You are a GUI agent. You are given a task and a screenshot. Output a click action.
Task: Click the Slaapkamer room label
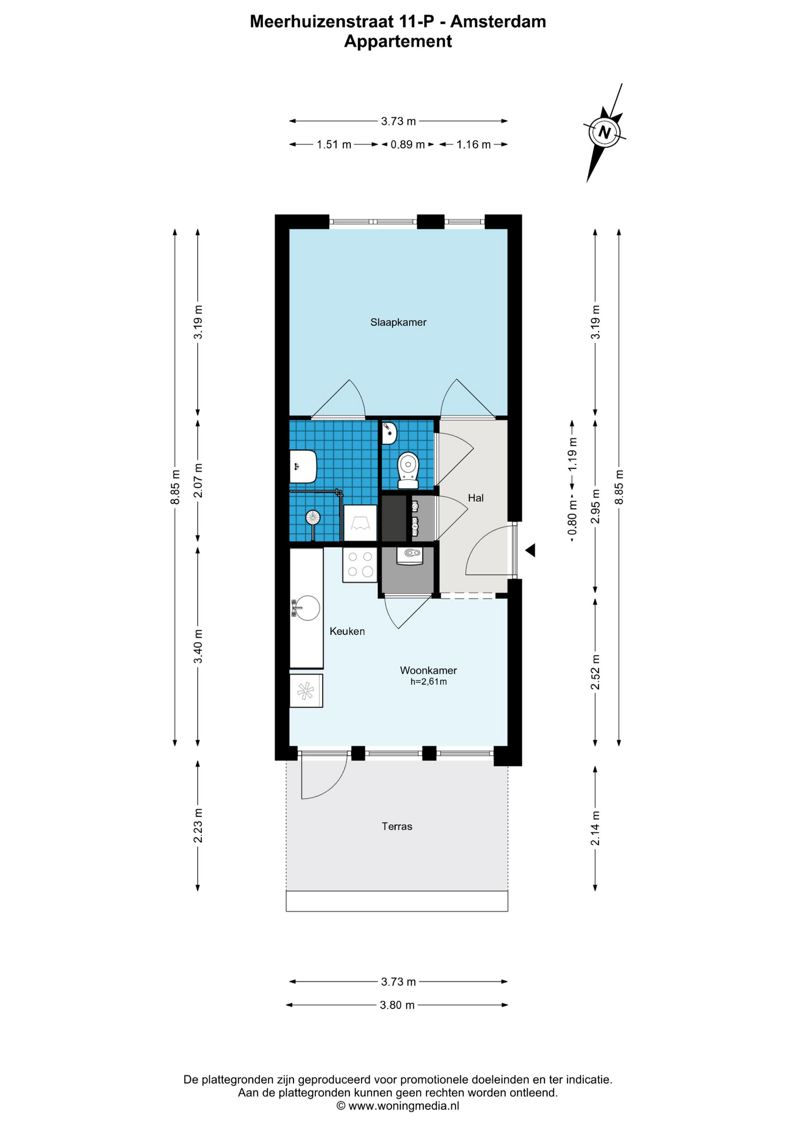(398, 322)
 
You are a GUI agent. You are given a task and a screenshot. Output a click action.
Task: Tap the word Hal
(475, 498)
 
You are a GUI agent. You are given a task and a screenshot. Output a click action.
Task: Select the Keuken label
(347, 631)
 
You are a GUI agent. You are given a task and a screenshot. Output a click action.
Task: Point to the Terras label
(397, 826)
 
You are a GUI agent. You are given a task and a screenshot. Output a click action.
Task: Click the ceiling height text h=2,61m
(428, 681)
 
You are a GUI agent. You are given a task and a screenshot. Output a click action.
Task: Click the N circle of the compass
(604, 132)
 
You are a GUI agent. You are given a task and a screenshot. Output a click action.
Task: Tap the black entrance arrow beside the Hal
(530, 550)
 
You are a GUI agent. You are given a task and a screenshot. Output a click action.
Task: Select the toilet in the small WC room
(408, 471)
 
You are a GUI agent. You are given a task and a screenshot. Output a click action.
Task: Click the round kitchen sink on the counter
(306, 608)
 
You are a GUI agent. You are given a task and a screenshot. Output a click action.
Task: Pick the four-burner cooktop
(360, 564)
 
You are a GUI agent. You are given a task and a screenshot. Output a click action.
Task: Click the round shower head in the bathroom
(313, 517)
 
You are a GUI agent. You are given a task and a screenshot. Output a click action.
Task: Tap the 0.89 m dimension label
(407, 144)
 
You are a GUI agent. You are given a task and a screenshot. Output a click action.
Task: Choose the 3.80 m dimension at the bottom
(397, 1005)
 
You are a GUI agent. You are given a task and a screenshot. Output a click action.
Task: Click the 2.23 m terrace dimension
(198, 825)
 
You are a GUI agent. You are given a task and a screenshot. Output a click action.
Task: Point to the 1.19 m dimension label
(573, 454)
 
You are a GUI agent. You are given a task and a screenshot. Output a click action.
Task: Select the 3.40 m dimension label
(198, 646)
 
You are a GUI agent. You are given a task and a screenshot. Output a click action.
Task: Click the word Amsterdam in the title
(498, 22)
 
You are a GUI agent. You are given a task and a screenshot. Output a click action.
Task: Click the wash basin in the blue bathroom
(303, 467)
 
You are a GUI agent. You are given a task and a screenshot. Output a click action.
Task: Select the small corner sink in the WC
(389, 434)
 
